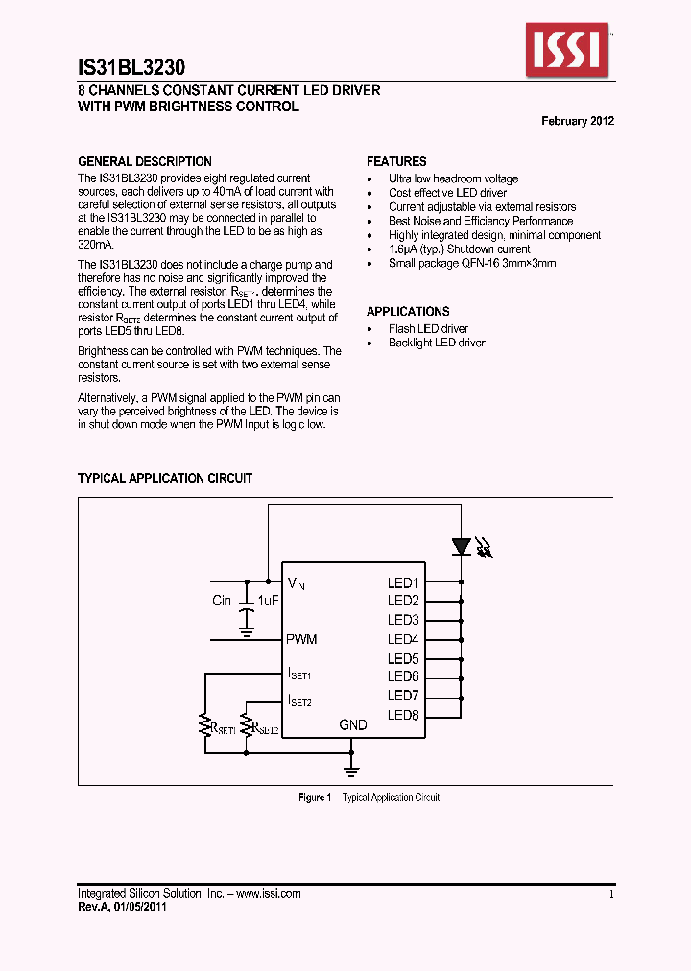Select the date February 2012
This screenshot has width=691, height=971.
tap(578, 121)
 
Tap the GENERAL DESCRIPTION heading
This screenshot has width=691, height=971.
tap(145, 161)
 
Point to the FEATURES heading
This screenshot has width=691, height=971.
tap(396, 161)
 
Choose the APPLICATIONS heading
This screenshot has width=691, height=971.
tap(408, 311)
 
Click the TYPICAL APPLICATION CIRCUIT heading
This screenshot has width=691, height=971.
tap(165, 478)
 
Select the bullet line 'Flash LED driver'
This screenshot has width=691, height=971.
tap(428, 329)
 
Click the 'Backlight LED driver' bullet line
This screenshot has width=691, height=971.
tap(437, 343)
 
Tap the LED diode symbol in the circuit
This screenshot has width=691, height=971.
tap(462, 546)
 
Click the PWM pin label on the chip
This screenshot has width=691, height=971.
tap(301, 639)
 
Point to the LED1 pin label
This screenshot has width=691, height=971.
tap(403, 582)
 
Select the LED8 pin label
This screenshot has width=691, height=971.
tap(403, 715)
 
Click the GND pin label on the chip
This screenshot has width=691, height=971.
tap(353, 724)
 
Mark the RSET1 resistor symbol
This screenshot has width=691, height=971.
tap(204, 725)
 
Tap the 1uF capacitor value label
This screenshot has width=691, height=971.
tap(268, 601)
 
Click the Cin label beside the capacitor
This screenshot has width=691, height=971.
tap(222, 601)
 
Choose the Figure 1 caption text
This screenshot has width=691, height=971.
tap(369, 798)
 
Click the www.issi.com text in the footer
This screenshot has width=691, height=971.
tap(269, 893)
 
